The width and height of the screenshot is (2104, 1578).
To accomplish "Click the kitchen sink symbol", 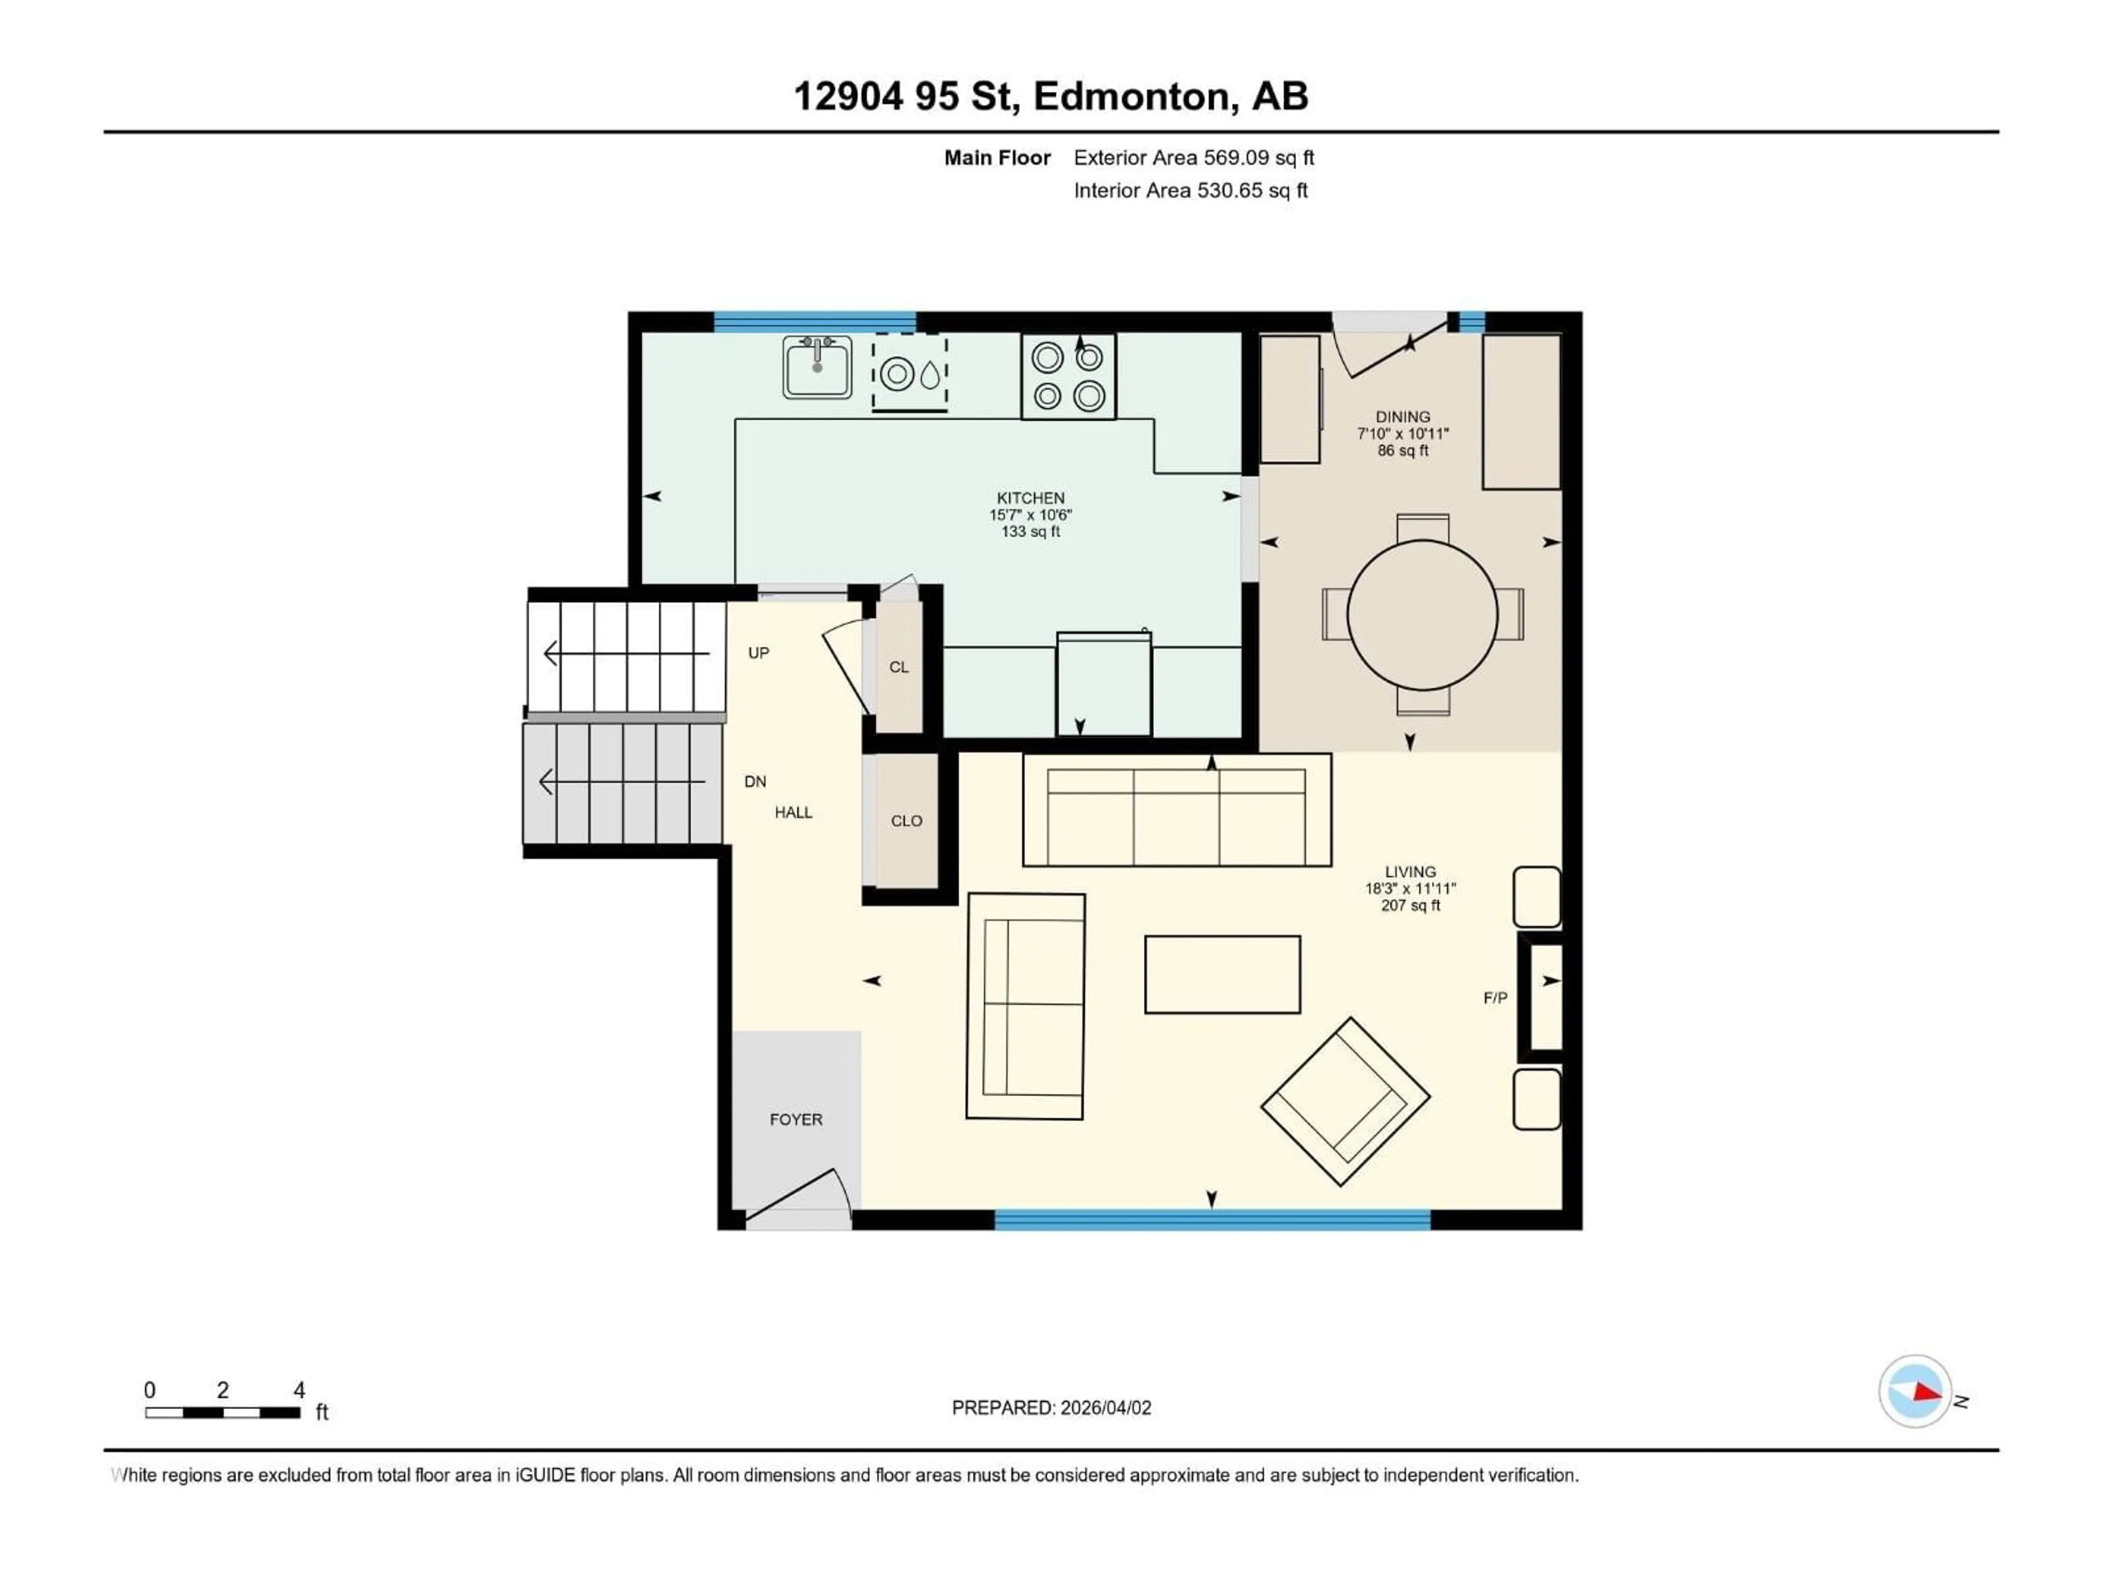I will tap(817, 367).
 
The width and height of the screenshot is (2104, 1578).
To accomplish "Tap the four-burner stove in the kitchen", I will tap(1068, 376).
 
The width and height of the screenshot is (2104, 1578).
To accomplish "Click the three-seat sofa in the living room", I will tap(1176, 810).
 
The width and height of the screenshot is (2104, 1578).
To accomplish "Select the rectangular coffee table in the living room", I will tap(1222, 974).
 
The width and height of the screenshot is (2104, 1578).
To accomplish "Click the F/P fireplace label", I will tap(1495, 998).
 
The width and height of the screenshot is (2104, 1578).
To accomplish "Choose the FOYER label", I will tap(796, 1119).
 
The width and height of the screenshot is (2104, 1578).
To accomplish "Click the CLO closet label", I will tap(906, 821).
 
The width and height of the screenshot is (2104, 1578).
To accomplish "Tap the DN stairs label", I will tap(755, 782).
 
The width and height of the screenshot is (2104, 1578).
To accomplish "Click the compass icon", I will tap(1916, 1392).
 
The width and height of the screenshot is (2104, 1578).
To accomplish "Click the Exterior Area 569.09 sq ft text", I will tap(1194, 158).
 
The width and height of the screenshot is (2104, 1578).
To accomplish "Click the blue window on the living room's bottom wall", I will tap(1212, 1220).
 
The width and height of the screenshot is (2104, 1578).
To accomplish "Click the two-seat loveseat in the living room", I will tap(1025, 1007).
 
